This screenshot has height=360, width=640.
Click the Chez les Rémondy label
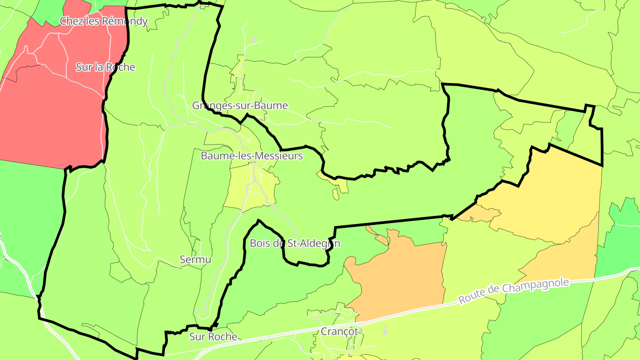104,21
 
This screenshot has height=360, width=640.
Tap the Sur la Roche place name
105,67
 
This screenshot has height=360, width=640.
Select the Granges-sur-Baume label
240,106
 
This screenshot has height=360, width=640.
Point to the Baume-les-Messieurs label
252,156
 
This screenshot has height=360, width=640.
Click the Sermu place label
196,260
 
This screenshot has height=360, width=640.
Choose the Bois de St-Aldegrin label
295,244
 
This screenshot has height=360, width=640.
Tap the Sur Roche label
213,337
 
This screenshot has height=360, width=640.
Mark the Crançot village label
339,332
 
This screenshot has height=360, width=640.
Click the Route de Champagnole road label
513,291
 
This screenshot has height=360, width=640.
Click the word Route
471,298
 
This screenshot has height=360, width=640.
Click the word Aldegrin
320,244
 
